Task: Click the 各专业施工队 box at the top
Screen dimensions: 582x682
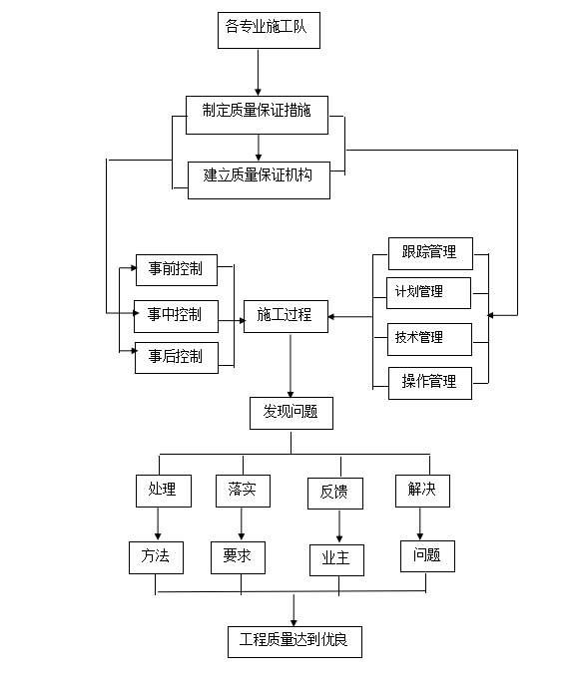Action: pyautogui.click(x=269, y=30)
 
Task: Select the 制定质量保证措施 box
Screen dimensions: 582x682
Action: pyautogui.click(x=257, y=115)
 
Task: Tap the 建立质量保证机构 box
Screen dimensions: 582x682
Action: pyautogui.click(x=259, y=180)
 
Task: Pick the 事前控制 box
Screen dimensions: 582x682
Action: pyautogui.click(x=177, y=270)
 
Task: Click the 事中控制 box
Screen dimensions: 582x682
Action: pyautogui.click(x=176, y=316)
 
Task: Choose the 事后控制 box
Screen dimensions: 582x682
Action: pyautogui.click(x=177, y=358)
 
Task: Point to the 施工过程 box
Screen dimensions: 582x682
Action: pyautogui.click(x=286, y=316)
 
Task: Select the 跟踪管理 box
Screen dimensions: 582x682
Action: pyautogui.click(x=430, y=253)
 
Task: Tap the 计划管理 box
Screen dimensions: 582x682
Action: pyautogui.click(x=428, y=293)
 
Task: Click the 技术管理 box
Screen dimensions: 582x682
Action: pyautogui.click(x=429, y=339)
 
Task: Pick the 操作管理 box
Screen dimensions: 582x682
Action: pyautogui.click(x=430, y=383)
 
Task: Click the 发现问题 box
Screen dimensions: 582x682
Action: pyautogui.click(x=291, y=413)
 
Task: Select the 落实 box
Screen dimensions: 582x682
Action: pyautogui.click(x=243, y=491)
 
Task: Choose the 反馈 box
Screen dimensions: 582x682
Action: pyautogui.click(x=335, y=494)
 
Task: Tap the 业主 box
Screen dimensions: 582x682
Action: pyautogui.click(x=336, y=560)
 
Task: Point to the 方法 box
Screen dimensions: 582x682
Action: pyautogui.click(x=156, y=557)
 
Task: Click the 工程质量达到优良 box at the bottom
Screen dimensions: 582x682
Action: pyautogui.click(x=294, y=642)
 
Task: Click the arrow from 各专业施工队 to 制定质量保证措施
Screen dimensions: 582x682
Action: pyautogui.click(x=258, y=72)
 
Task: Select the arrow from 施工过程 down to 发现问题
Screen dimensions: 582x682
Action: pyautogui.click(x=291, y=365)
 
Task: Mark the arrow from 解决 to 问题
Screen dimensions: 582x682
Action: pyautogui.click(x=420, y=523)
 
